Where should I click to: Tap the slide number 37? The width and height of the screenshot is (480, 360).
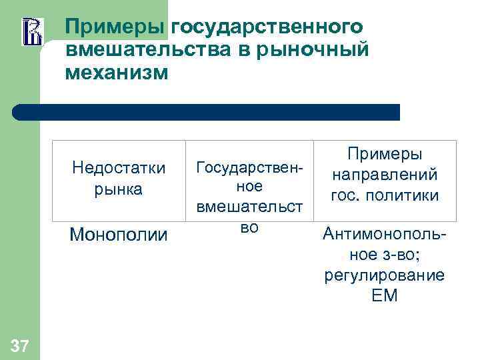pyautogui.click(x=20, y=345)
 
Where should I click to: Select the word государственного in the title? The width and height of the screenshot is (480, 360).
pyautogui.click(x=267, y=27)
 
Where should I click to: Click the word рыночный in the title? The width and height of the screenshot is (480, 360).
pyautogui.click(x=321, y=49)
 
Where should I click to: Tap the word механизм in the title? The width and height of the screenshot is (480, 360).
pyautogui.click(x=117, y=72)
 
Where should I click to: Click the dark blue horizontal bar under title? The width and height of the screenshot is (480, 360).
pyautogui.click(x=207, y=112)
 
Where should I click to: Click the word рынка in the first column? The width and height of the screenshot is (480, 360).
pyautogui.click(x=118, y=189)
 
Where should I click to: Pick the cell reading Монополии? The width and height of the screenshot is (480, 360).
pyautogui.click(x=118, y=235)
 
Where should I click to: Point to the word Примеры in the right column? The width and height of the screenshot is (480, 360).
pyautogui.click(x=385, y=154)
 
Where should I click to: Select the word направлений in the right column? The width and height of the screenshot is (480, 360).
pyautogui.click(x=385, y=175)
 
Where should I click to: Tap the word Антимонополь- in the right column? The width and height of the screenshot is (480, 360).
pyautogui.click(x=385, y=235)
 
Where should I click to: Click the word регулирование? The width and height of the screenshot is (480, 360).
pyautogui.click(x=385, y=275)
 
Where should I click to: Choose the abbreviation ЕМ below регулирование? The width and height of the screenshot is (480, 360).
pyautogui.click(x=385, y=295)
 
